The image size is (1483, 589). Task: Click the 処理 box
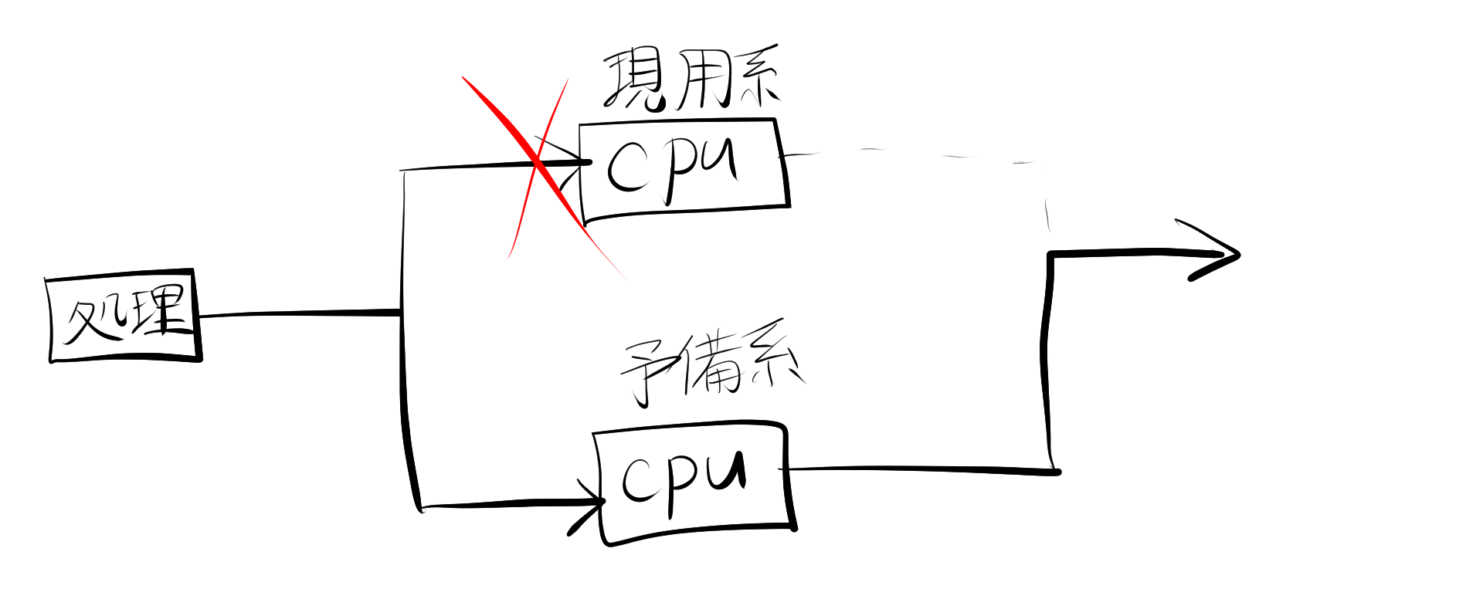tap(124, 317)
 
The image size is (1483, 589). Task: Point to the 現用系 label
tap(691, 81)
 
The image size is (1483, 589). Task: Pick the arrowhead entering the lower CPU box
tap(591, 506)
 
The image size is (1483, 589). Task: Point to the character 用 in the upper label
tap(699, 81)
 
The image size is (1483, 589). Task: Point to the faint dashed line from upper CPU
tap(927, 154)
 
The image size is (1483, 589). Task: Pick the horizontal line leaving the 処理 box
tap(301, 313)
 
